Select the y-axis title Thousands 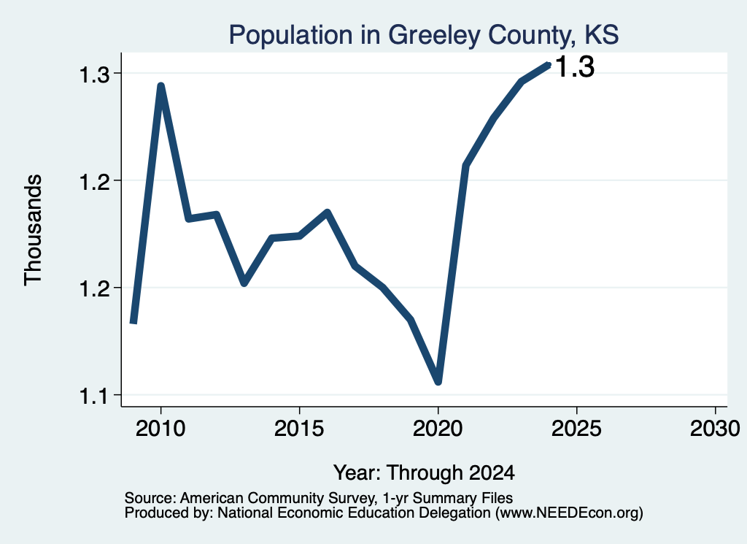(34, 230)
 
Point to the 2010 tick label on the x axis (160, 429)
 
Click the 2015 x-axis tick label (299, 429)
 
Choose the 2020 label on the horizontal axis (438, 429)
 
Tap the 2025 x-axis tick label (576, 429)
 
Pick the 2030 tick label (715, 429)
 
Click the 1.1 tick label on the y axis (94, 396)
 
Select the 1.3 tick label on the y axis (94, 74)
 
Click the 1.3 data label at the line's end (575, 66)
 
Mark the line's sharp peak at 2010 (161, 86)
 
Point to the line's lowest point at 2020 (438, 382)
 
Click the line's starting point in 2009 (134, 323)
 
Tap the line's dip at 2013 (244, 283)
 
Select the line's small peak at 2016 (327, 212)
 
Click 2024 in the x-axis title (492, 472)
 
